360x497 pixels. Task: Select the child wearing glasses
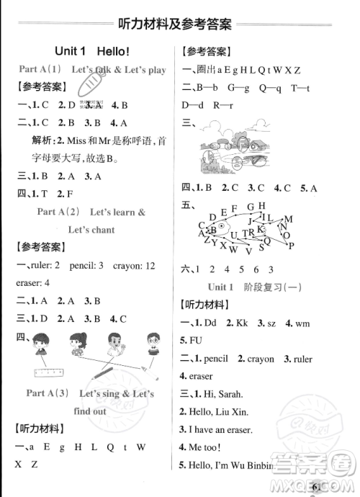[151, 344]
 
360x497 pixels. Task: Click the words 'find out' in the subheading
[89, 411]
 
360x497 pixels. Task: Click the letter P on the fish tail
[291, 246]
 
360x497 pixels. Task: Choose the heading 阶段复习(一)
[276, 286]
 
